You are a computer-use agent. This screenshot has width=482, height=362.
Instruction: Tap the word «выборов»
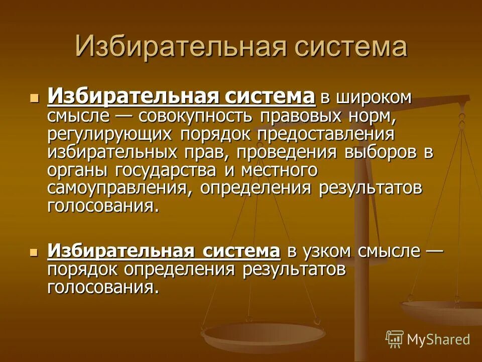pos(382,152)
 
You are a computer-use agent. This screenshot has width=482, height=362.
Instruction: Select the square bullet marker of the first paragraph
pos(34,98)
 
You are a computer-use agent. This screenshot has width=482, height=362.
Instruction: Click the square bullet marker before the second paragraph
pos(34,251)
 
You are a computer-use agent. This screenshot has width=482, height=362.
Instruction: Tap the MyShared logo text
pos(438,339)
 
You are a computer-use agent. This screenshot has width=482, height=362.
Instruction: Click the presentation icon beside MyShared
pos(395,339)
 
